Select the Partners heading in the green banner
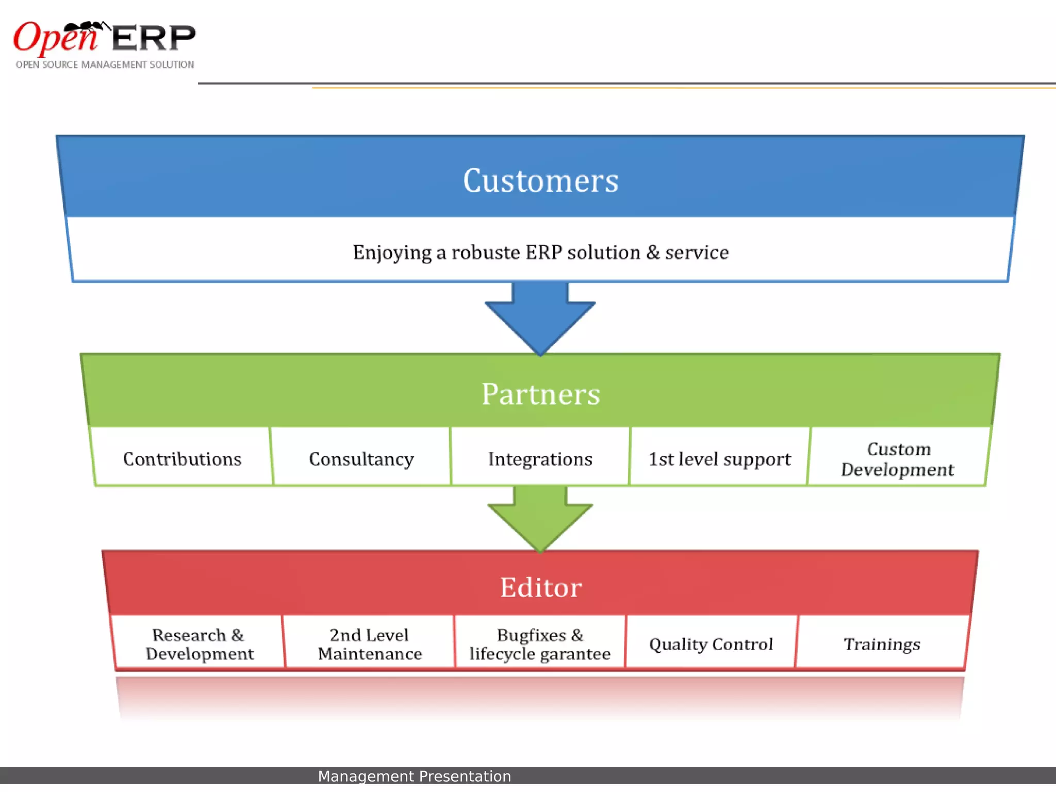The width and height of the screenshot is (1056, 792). [540, 394]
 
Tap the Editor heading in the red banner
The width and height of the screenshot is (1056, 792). [540, 587]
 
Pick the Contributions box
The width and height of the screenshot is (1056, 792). [182, 458]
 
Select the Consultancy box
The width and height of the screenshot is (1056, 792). [361, 458]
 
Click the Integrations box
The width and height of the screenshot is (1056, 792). [540, 458]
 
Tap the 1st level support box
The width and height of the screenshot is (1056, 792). [719, 458]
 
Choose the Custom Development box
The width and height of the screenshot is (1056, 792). [898, 458]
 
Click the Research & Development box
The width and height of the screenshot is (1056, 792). [199, 644]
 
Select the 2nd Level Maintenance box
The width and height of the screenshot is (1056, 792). [369, 644]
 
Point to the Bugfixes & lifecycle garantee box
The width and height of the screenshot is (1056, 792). [540, 644]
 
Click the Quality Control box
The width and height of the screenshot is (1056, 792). [711, 644]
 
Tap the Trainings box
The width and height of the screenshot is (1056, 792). [881, 644]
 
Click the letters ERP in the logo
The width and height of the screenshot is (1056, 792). [153, 39]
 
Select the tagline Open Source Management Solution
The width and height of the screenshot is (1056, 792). [105, 65]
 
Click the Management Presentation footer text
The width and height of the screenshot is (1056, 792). [414, 776]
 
